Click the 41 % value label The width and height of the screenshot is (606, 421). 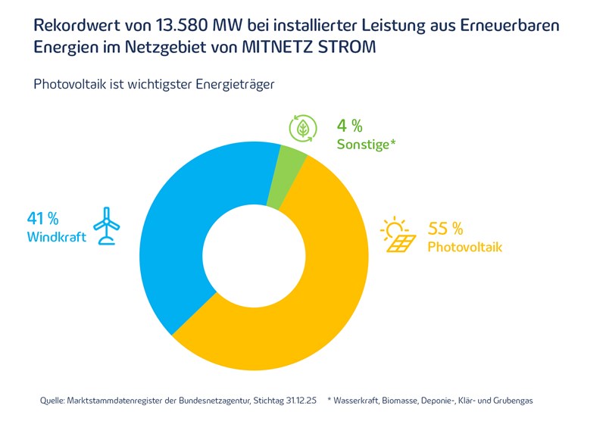[43, 219]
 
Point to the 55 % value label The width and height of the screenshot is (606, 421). [445, 229]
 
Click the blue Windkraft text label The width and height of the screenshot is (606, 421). [57, 237]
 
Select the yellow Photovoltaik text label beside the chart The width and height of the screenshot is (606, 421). [465, 247]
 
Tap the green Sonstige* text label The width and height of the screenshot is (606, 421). [367, 143]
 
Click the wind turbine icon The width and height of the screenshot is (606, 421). [107, 226]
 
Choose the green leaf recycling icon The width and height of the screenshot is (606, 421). [303, 129]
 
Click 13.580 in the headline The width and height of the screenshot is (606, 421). [208, 25]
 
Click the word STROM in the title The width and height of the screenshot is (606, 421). [348, 48]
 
